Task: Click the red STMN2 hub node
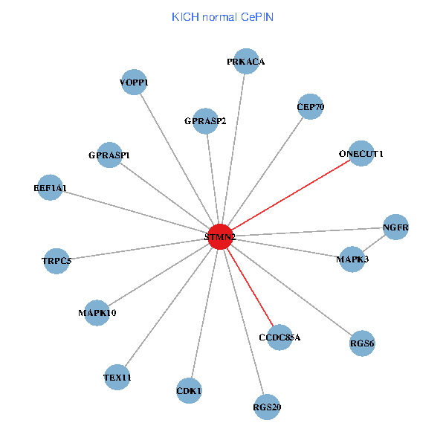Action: click(x=220, y=236)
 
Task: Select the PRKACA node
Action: click(x=246, y=62)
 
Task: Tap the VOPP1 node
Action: click(x=135, y=83)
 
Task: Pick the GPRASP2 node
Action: click(x=206, y=121)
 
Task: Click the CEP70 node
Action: click(x=310, y=107)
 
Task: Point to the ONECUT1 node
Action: click(x=361, y=154)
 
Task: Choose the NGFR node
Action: click(x=396, y=227)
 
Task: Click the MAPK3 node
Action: click(x=352, y=259)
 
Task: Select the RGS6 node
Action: click(x=362, y=343)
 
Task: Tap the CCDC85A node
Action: click(x=279, y=337)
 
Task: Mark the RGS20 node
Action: click(x=267, y=407)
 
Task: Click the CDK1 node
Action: click(x=190, y=390)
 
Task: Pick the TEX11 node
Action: click(x=117, y=378)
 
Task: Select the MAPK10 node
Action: click(x=97, y=312)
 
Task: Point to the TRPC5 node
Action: click(x=56, y=261)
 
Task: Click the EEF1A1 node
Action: click(x=50, y=189)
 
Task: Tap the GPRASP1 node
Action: click(x=109, y=155)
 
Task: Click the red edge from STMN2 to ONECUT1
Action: click(x=290, y=195)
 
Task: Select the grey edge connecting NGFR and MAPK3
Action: click(x=374, y=243)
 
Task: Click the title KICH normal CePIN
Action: click(x=222, y=16)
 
